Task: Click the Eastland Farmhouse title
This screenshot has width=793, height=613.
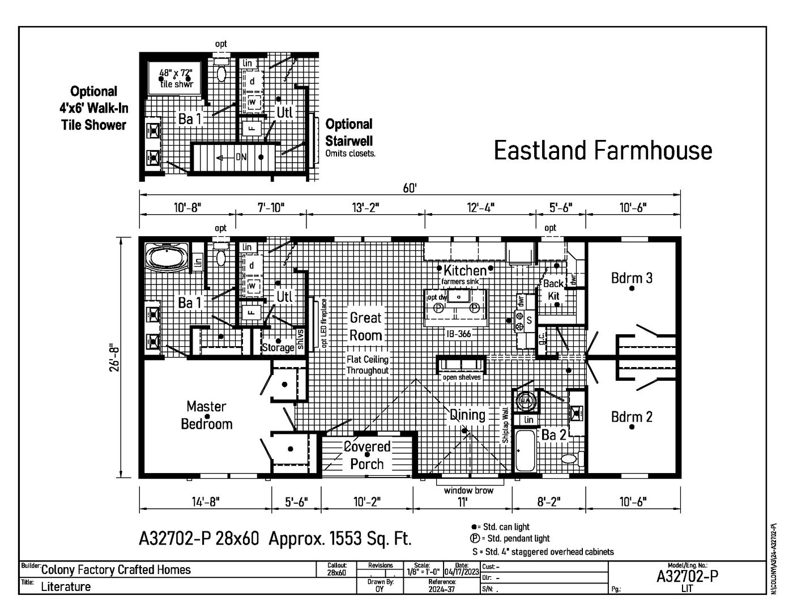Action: (x=603, y=151)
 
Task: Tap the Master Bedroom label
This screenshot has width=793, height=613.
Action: (x=207, y=415)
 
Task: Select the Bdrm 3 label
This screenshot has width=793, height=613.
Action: (x=632, y=278)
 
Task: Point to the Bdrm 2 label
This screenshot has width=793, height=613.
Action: (x=632, y=417)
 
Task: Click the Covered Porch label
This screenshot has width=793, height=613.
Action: (x=367, y=456)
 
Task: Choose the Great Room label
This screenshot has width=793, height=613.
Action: (x=365, y=326)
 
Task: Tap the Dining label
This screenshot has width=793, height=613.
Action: (x=468, y=415)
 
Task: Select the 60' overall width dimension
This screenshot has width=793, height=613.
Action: (x=410, y=188)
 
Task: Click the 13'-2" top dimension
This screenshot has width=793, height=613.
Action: (x=365, y=207)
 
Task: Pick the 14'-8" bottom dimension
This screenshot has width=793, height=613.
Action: (x=204, y=501)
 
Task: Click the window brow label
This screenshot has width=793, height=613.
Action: (x=468, y=491)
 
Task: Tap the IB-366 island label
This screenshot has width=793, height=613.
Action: (x=457, y=334)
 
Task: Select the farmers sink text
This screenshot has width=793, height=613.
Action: (x=461, y=282)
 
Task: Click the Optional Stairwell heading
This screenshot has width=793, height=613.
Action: (x=349, y=132)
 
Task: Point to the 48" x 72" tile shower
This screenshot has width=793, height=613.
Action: (x=176, y=78)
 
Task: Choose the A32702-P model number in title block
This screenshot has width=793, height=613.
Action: (x=687, y=576)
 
